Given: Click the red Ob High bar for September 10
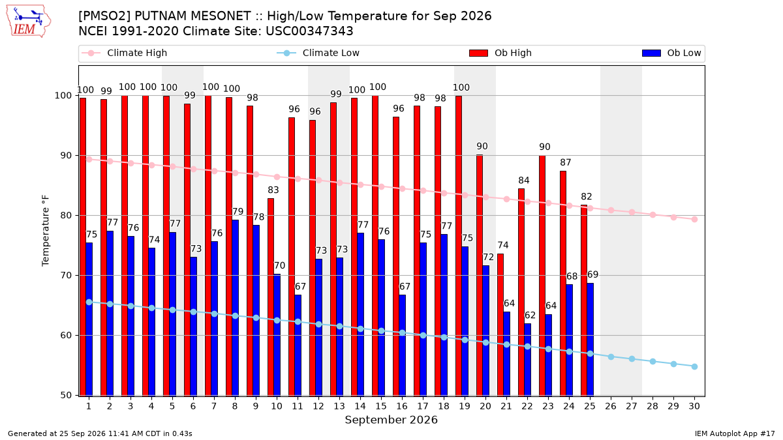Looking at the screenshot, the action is pyautogui.click(x=271, y=297).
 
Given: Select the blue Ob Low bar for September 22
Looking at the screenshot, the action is pyautogui.click(x=527, y=360).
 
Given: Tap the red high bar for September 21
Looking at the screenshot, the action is pyautogui.click(x=500, y=325).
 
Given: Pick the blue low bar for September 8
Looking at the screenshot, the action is pyautogui.click(x=236, y=308).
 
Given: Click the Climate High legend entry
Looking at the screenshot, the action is pyautogui.click(x=125, y=53).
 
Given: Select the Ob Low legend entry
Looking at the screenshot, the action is pyautogui.click(x=671, y=53).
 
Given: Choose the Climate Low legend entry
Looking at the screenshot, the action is pyautogui.click(x=318, y=53).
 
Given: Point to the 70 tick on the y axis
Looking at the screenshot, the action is pyautogui.click(x=66, y=276).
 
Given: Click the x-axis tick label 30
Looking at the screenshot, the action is pyautogui.click(x=694, y=407).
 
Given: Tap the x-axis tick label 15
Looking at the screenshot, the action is pyautogui.click(x=381, y=407).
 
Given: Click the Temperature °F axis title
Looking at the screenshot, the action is pyautogui.click(x=46, y=231).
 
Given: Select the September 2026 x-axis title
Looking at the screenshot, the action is pyautogui.click(x=391, y=420).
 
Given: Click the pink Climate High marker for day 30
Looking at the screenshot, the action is pyautogui.click(x=694, y=220).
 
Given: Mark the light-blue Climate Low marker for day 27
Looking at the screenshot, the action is pyautogui.click(x=632, y=359).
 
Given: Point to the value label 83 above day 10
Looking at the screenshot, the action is pyautogui.click(x=273, y=190).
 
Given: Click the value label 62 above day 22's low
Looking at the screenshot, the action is pyautogui.click(x=530, y=315).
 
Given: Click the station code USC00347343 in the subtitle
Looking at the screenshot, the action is pyautogui.click(x=309, y=31).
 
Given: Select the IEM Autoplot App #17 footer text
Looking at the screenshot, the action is pyautogui.click(x=735, y=433).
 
